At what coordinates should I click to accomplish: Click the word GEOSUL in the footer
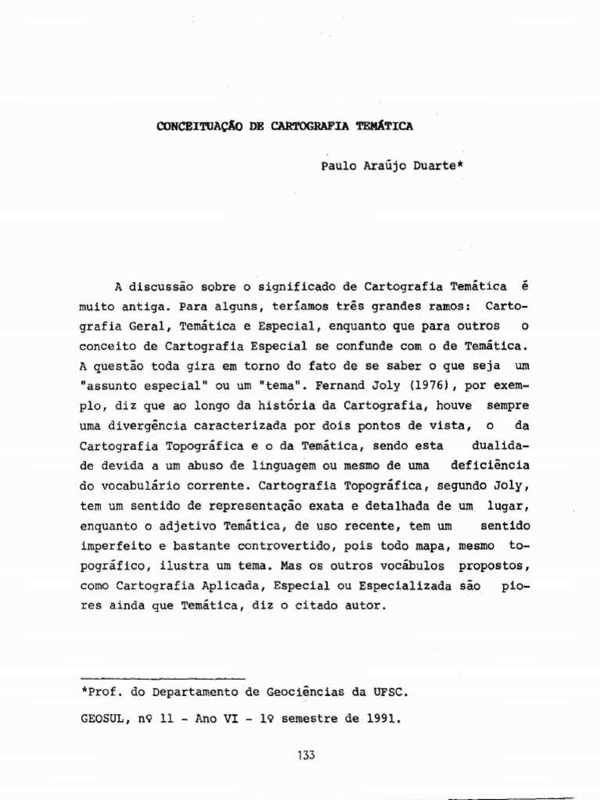pos(102,720)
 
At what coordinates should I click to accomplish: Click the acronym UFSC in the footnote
pos(388,692)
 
